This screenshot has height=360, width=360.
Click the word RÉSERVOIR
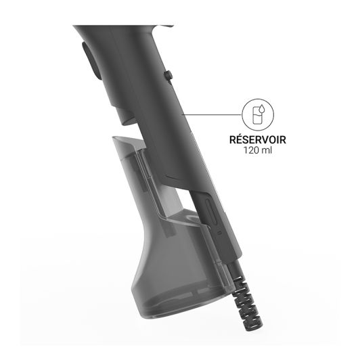click(x=258, y=139)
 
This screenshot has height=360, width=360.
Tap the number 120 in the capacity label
click(x=252, y=150)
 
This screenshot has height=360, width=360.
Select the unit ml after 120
click(x=267, y=150)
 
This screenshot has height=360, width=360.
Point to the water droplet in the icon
click(x=262, y=108)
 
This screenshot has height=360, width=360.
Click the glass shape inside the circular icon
click(x=256, y=116)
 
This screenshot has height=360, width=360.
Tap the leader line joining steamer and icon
click(x=212, y=114)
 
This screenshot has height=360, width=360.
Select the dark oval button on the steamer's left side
click(x=91, y=61)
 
